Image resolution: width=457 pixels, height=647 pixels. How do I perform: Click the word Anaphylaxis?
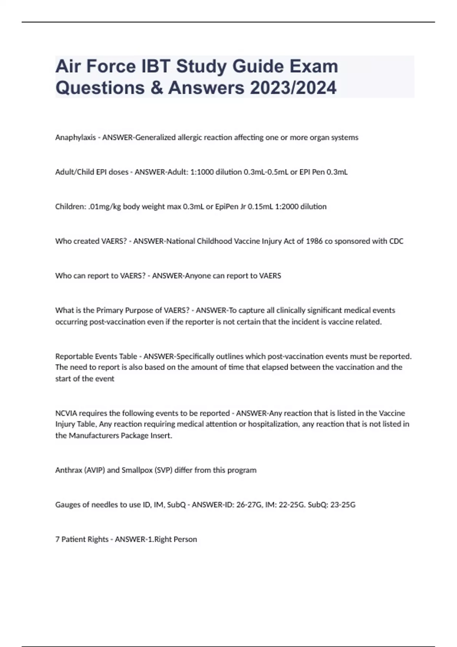point(75,137)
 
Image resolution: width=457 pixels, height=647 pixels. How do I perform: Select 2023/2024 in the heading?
point(293,88)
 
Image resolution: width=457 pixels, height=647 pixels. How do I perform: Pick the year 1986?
point(314,241)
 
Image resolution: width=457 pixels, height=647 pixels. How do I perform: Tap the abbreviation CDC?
point(396,241)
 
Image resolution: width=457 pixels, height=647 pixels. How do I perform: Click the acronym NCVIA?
point(66,413)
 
